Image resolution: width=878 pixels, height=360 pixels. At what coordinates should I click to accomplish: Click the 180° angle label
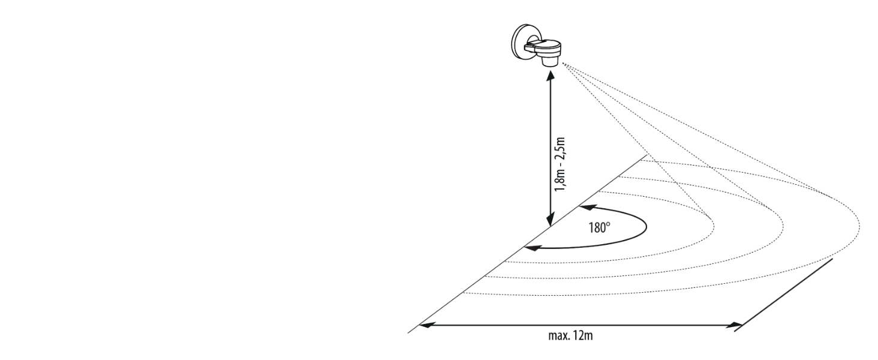click(x=599, y=229)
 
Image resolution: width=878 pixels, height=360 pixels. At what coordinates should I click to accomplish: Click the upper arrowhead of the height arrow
click(x=550, y=76)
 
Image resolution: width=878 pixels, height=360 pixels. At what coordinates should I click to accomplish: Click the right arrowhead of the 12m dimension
click(x=736, y=325)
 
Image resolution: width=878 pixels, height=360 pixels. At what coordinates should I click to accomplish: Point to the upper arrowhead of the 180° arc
click(x=584, y=208)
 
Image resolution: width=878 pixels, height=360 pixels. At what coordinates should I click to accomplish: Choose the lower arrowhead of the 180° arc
click(x=529, y=247)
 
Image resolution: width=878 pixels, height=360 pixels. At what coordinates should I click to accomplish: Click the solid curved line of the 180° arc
click(x=645, y=228)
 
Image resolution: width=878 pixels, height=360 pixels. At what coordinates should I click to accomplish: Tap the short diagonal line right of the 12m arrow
click(x=787, y=293)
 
